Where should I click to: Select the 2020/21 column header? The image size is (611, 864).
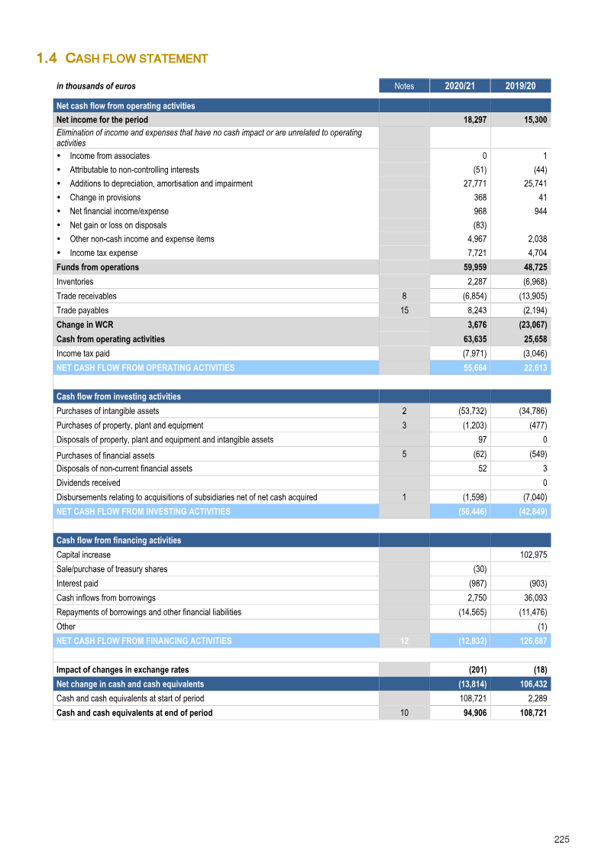(x=460, y=86)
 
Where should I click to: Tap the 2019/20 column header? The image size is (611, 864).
(x=520, y=86)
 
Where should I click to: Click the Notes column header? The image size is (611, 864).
(x=404, y=86)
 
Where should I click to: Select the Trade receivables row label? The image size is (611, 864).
(x=86, y=296)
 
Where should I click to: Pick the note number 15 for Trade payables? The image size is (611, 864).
(x=404, y=310)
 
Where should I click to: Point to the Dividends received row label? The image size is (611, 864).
(x=88, y=483)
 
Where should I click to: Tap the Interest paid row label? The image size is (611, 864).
(x=77, y=584)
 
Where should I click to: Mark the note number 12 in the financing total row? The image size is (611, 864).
(x=404, y=641)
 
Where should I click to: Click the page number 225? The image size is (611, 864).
(x=561, y=840)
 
